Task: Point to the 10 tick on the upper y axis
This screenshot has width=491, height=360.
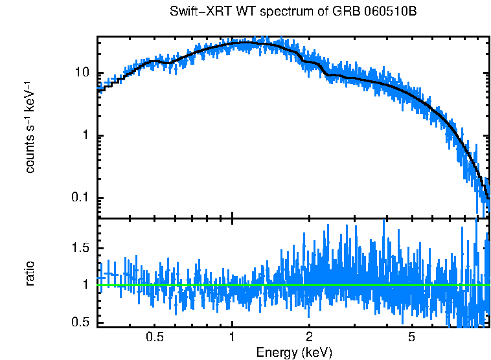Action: pyautogui.click(x=81, y=73)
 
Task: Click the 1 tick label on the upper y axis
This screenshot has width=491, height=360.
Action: pyautogui.click(x=86, y=135)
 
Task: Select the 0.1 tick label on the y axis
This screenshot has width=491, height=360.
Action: pyautogui.click(x=80, y=197)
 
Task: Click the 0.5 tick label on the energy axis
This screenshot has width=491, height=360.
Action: pyautogui.click(x=154, y=338)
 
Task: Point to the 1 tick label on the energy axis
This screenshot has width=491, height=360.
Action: pyautogui.click(x=232, y=338)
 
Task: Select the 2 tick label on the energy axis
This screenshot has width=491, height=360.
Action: pyautogui.click(x=309, y=338)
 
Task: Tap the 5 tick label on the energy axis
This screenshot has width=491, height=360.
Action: pyautogui.click(x=411, y=338)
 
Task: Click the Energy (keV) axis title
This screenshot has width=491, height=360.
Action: pyautogui.click(x=294, y=352)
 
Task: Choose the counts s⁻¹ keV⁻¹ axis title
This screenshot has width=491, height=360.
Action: pyautogui.click(x=30, y=127)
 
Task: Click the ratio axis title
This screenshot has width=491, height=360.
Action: pyautogui.click(x=30, y=273)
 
